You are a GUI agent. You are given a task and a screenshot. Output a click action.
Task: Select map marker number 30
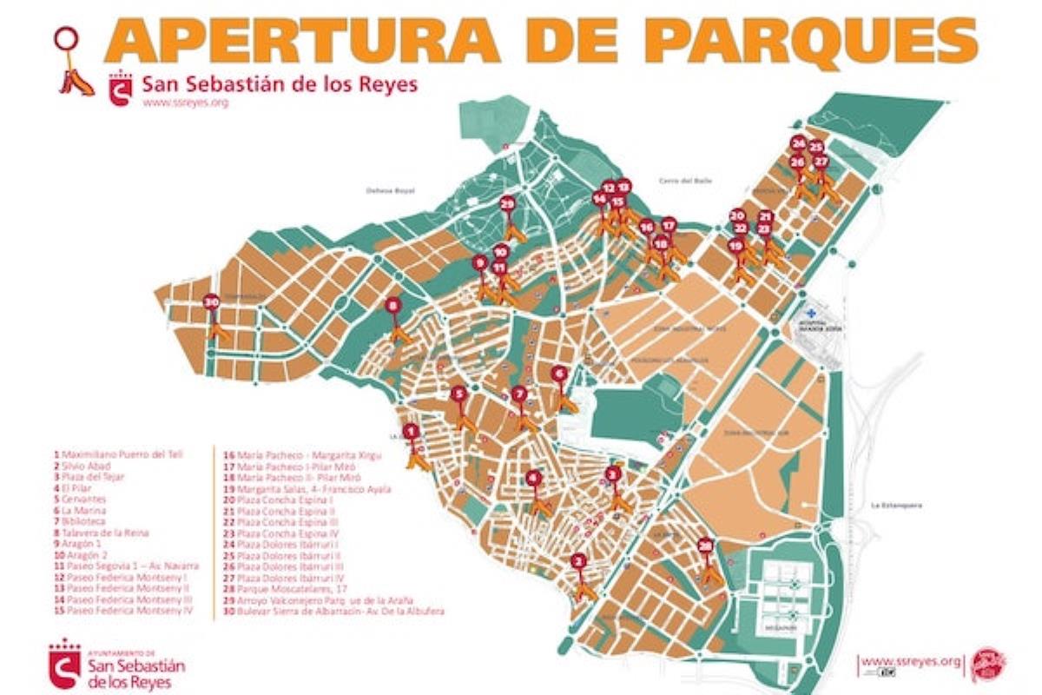click(211, 302)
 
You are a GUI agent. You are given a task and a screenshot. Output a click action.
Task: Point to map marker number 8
click(393, 306)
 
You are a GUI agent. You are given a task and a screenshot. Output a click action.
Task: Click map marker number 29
click(508, 204)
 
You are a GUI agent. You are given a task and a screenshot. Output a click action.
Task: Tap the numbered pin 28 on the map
click(706, 546)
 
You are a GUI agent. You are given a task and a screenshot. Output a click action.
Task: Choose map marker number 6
click(559, 374)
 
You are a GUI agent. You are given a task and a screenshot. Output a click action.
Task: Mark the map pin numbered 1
click(412, 430)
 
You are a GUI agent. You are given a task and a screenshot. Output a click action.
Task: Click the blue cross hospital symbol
click(810, 312)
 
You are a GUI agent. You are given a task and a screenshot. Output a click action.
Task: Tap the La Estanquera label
click(897, 505)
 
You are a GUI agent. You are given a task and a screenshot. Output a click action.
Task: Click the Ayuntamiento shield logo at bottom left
click(64, 664)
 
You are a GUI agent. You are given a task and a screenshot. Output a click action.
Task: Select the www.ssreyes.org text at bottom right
click(911, 662)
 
